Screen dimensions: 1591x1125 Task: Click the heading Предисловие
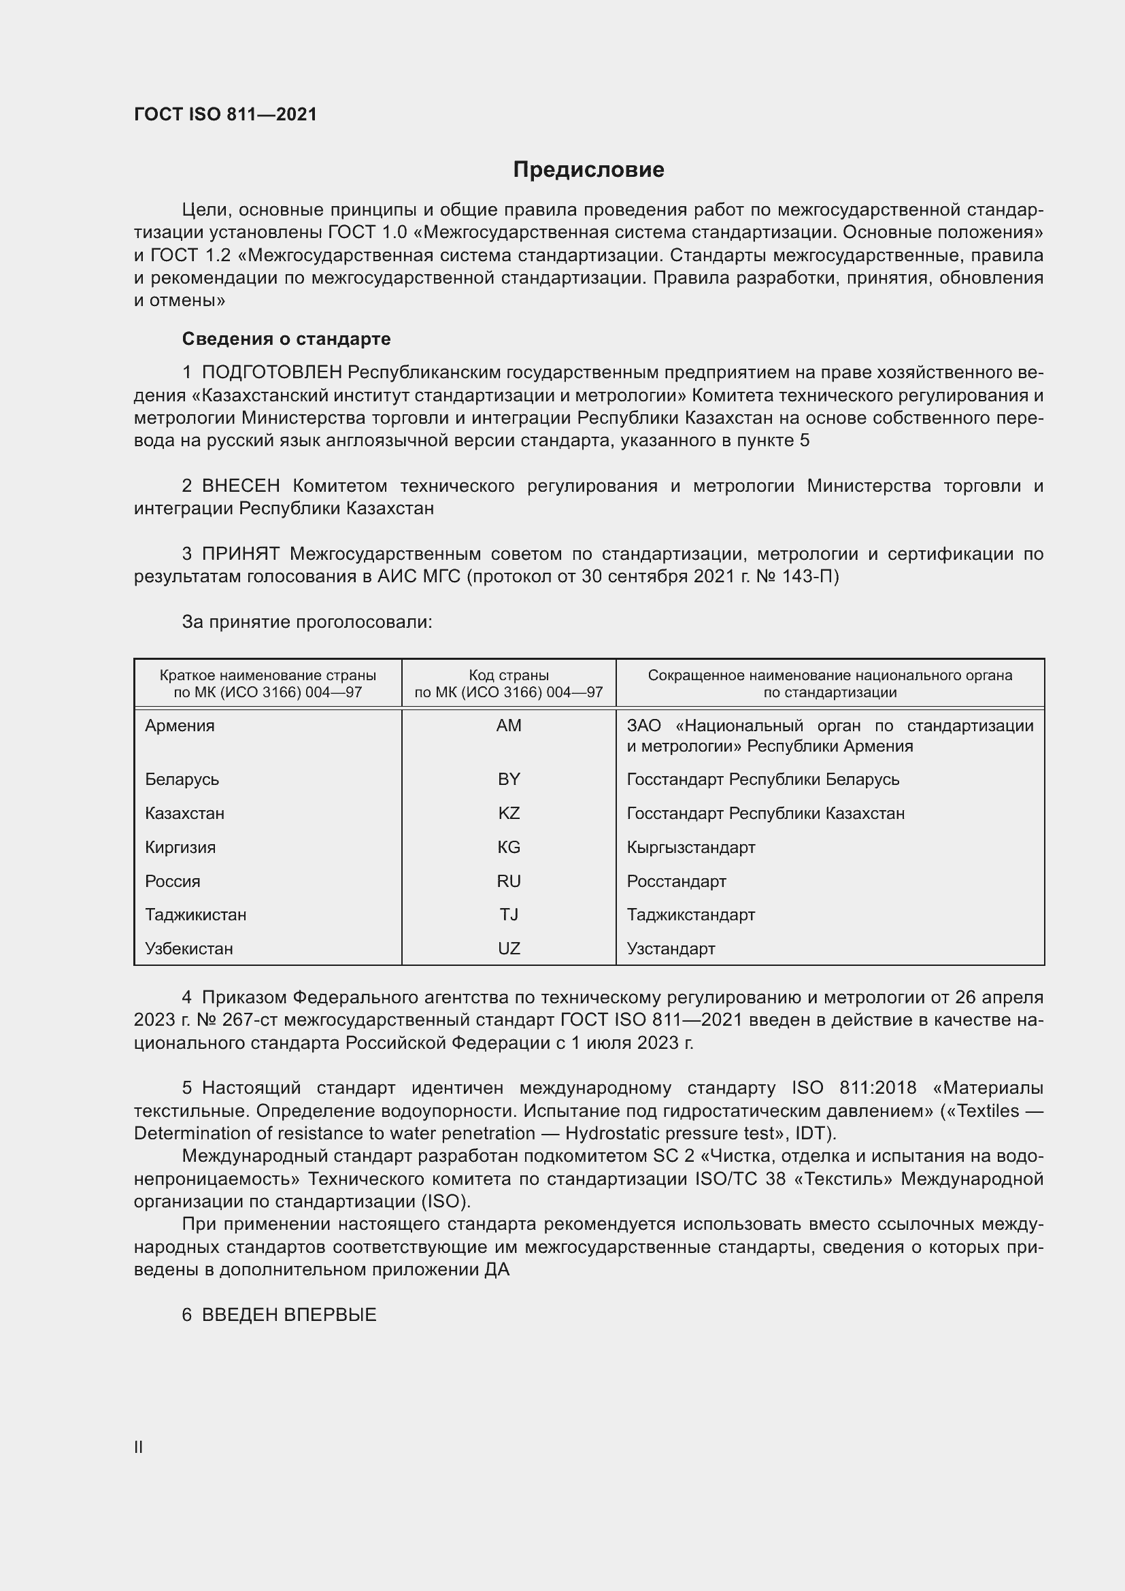coord(588,170)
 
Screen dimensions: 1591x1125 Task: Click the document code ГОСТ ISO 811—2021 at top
coord(225,114)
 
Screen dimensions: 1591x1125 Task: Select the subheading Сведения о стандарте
coord(286,339)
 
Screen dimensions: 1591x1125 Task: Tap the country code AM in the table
coord(509,726)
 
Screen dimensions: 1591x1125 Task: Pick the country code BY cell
coord(509,780)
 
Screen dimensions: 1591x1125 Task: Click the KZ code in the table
coord(509,814)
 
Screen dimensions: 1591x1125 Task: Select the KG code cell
coord(509,848)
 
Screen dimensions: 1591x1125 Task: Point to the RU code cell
coord(509,882)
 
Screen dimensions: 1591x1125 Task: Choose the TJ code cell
coord(509,915)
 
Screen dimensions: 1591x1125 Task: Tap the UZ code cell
coord(509,949)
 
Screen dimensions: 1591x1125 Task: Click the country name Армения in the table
coord(180,726)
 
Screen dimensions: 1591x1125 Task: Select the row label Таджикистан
coord(195,915)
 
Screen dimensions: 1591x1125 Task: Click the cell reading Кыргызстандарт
coord(690,848)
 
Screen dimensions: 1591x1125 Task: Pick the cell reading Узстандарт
coord(671,949)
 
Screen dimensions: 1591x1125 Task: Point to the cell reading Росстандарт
coord(676,882)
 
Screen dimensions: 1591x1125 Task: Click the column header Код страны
coord(509,675)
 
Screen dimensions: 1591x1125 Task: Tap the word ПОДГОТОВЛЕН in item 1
coord(271,373)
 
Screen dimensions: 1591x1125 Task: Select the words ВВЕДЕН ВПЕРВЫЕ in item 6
coord(289,1316)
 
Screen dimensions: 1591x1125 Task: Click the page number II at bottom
coord(139,1447)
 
